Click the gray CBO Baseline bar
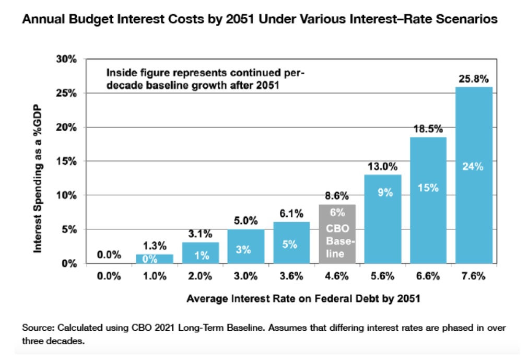click(337, 234)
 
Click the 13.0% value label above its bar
click(383, 167)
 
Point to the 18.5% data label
click(428, 129)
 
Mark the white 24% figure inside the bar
click(474, 167)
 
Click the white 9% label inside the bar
click(383, 192)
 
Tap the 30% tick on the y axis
click(67, 59)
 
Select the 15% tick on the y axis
click(67, 161)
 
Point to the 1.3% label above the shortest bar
click(154, 245)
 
